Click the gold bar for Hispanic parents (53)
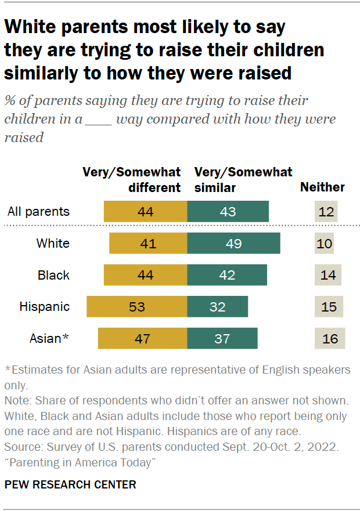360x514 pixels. [x=136, y=306]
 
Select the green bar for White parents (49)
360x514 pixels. [x=233, y=243]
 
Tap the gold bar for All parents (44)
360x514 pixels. [x=145, y=211]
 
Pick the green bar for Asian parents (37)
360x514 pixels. [x=222, y=338]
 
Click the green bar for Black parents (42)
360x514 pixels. [x=227, y=275]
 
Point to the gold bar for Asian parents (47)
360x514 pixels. [x=142, y=338]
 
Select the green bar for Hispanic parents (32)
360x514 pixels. [x=217, y=306]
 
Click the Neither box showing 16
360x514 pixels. [x=330, y=338]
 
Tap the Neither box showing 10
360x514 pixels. [x=325, y=243]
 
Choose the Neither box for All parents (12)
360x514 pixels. [x=326, y=211]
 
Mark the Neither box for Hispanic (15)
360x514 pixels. [x=329, y=306]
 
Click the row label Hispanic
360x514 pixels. [x=44, y=306]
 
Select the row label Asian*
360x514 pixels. [x=49, y=338]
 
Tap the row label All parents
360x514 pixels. [x=38, y=211]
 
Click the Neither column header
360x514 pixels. [x=322, y=187]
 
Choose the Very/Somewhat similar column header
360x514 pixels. [x=243, y=180]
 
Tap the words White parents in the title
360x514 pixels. [x=70, y=27]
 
